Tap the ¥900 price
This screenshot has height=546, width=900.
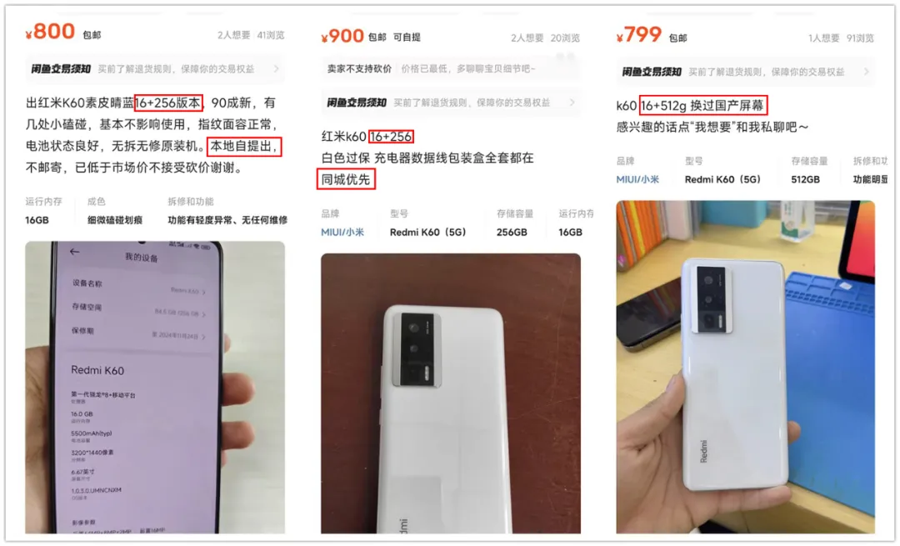click(x=342, y=36)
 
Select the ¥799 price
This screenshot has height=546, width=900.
click(x=638, y=35)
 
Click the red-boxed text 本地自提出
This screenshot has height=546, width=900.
click(x=244, y=147)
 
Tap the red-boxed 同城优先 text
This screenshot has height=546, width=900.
click(x=348, y=179)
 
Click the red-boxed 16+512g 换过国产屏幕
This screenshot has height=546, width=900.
click(x=702, y=105)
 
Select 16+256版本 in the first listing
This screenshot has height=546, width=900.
click(x=167, y=103)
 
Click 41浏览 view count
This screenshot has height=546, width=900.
click(x=271, y=36)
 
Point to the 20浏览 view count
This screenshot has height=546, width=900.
click(x=564, y=38)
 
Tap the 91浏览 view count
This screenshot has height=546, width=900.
click(x=860, y=38)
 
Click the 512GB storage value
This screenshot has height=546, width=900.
click(x=805, y=179)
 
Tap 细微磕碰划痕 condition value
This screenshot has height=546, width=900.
click(x=115, y=220)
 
